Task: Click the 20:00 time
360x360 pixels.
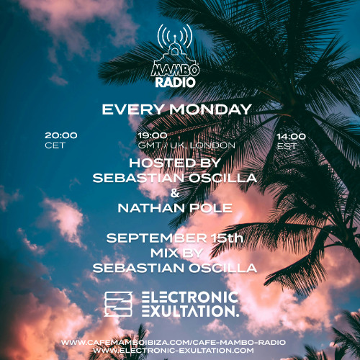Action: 60,135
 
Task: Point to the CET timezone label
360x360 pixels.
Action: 55,145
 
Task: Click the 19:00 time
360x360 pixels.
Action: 152,135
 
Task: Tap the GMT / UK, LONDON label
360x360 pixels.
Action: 186,145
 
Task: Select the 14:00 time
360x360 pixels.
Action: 291,135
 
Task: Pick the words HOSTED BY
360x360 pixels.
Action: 178,163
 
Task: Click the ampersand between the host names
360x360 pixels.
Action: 178,193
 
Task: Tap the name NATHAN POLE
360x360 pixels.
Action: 178,208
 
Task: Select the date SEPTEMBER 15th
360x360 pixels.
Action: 178,238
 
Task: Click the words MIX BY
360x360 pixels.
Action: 178,253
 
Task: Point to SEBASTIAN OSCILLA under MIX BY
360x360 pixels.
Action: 178,268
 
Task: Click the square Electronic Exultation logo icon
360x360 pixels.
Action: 119,304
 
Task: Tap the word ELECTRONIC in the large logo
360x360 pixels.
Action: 189,297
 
